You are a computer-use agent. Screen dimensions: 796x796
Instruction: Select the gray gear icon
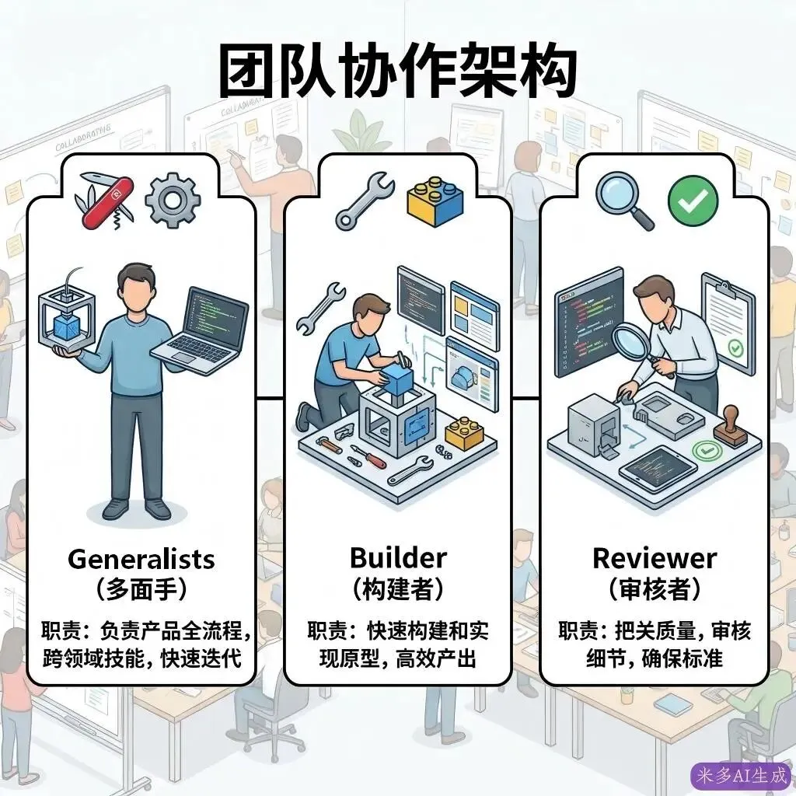[173, 200]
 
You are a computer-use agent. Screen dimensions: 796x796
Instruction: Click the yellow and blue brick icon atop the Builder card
[435, 200]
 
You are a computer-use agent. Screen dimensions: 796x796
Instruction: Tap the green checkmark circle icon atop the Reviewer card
[693, 198]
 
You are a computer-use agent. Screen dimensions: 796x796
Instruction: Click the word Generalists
[141, 558]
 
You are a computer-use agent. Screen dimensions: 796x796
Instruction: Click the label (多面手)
[141, 589]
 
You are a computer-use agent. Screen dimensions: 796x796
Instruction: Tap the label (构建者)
[397, 589]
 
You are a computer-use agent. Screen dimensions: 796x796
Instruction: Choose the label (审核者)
[654, 589]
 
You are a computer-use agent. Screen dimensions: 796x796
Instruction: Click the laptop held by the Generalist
[201, 326]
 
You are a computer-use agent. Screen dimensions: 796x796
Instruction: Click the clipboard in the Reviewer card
[728, 323]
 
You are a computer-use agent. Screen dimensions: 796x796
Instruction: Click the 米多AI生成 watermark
[741, 774]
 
